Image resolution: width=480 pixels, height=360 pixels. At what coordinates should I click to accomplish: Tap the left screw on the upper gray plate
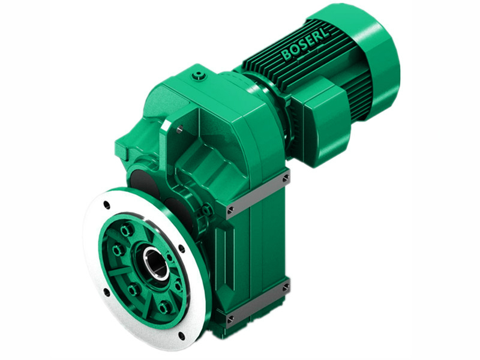[x=231, y=210]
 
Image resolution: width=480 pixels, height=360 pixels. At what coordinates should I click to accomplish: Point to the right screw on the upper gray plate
[x=286, y=178]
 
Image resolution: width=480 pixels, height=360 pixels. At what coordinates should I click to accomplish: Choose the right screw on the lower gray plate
[x=286, y=288]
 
